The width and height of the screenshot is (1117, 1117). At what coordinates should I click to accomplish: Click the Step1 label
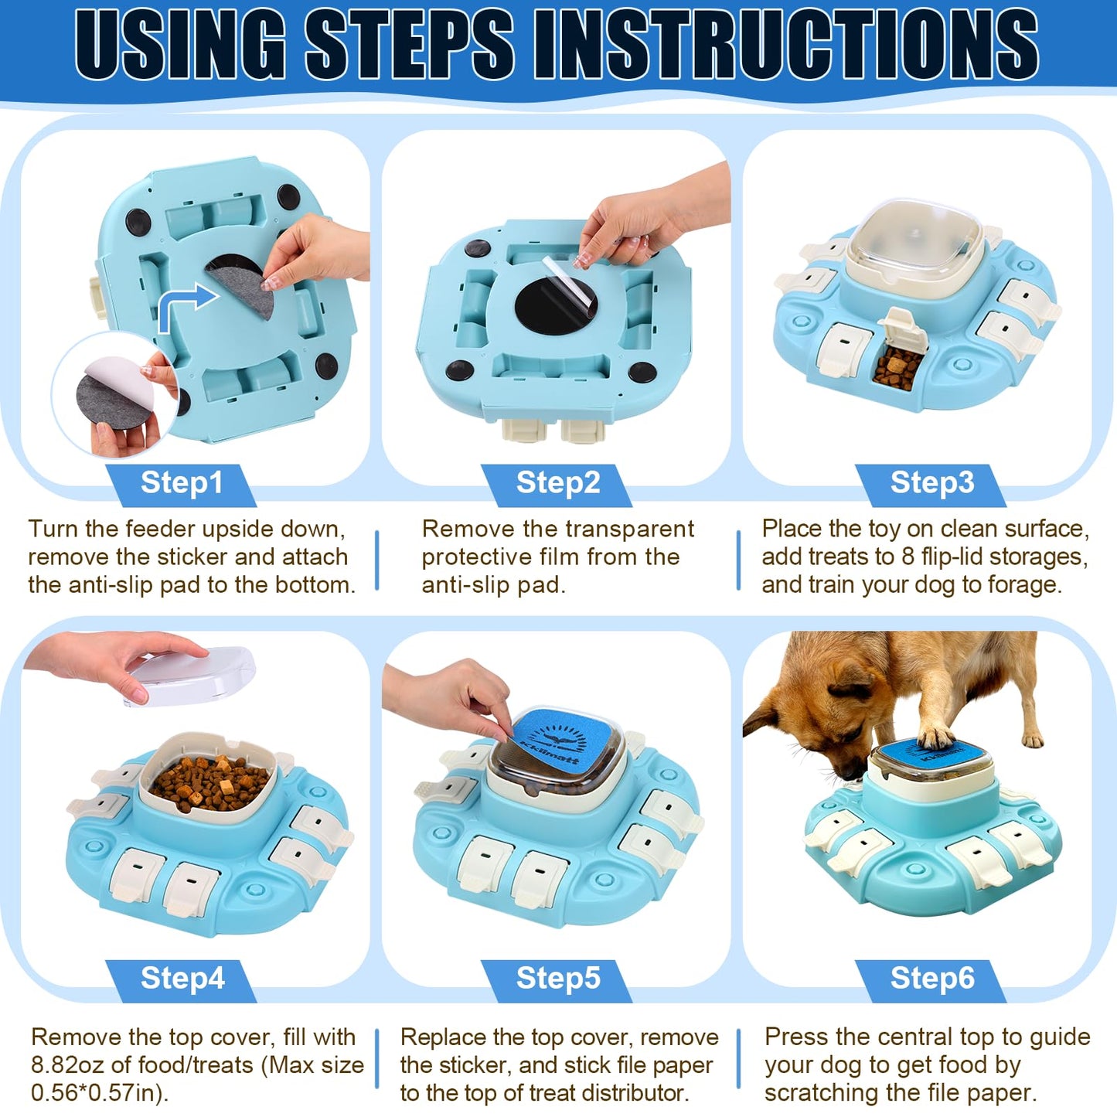click(182, 482)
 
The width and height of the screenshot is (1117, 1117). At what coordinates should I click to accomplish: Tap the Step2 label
click(557, 482)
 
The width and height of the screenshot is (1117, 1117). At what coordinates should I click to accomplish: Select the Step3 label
click(932, 482)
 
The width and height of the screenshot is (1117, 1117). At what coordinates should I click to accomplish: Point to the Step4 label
click(182, 978)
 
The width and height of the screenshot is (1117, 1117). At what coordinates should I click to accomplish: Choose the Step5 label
click(557, 978)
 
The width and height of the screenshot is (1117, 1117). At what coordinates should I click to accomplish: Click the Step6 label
click(932, 978)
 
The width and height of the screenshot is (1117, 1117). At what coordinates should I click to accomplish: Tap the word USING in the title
click(179, 45)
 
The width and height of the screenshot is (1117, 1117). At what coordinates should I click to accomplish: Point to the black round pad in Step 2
click(555, 311)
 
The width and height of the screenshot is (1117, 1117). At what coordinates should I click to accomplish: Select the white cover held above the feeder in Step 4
click(191, 676)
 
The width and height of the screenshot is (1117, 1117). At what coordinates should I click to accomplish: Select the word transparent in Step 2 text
click(629, 530)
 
